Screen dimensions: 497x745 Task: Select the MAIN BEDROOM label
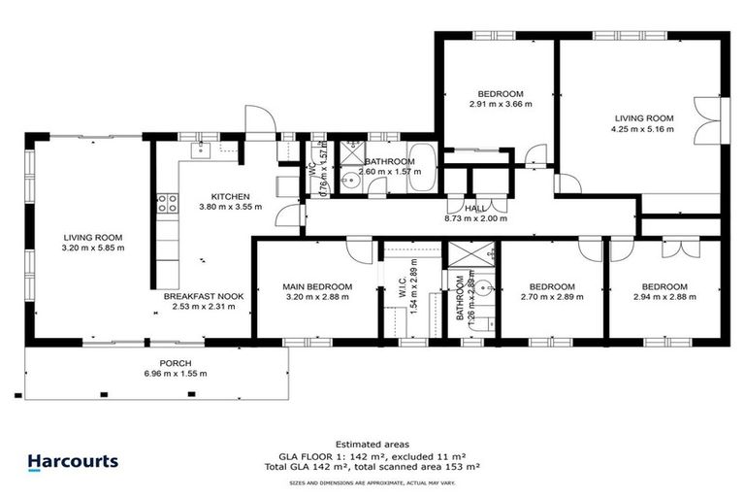pyautogui.click(x=317, y=286)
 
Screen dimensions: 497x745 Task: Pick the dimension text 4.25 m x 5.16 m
pyautogui.click(x=641, y=128)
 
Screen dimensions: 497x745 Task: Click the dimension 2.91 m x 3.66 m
pyautogui.click(x=500, y=104)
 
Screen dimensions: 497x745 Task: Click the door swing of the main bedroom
pyautogui.click(x=358, y=250)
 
